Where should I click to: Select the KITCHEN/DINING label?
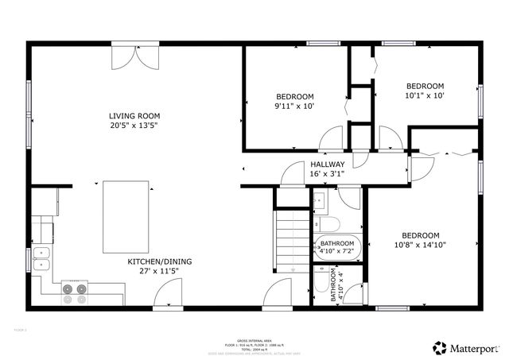pos(159,261)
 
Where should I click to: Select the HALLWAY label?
pos(327,165)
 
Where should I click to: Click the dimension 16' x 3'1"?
pos(327,174)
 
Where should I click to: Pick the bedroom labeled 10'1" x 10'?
pos(425,91)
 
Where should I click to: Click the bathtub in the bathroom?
pos(338,249)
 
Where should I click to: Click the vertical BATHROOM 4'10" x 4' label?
pos(338,285)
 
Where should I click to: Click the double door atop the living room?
pos(128,54)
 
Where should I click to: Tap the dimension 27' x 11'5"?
pos(159,271)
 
